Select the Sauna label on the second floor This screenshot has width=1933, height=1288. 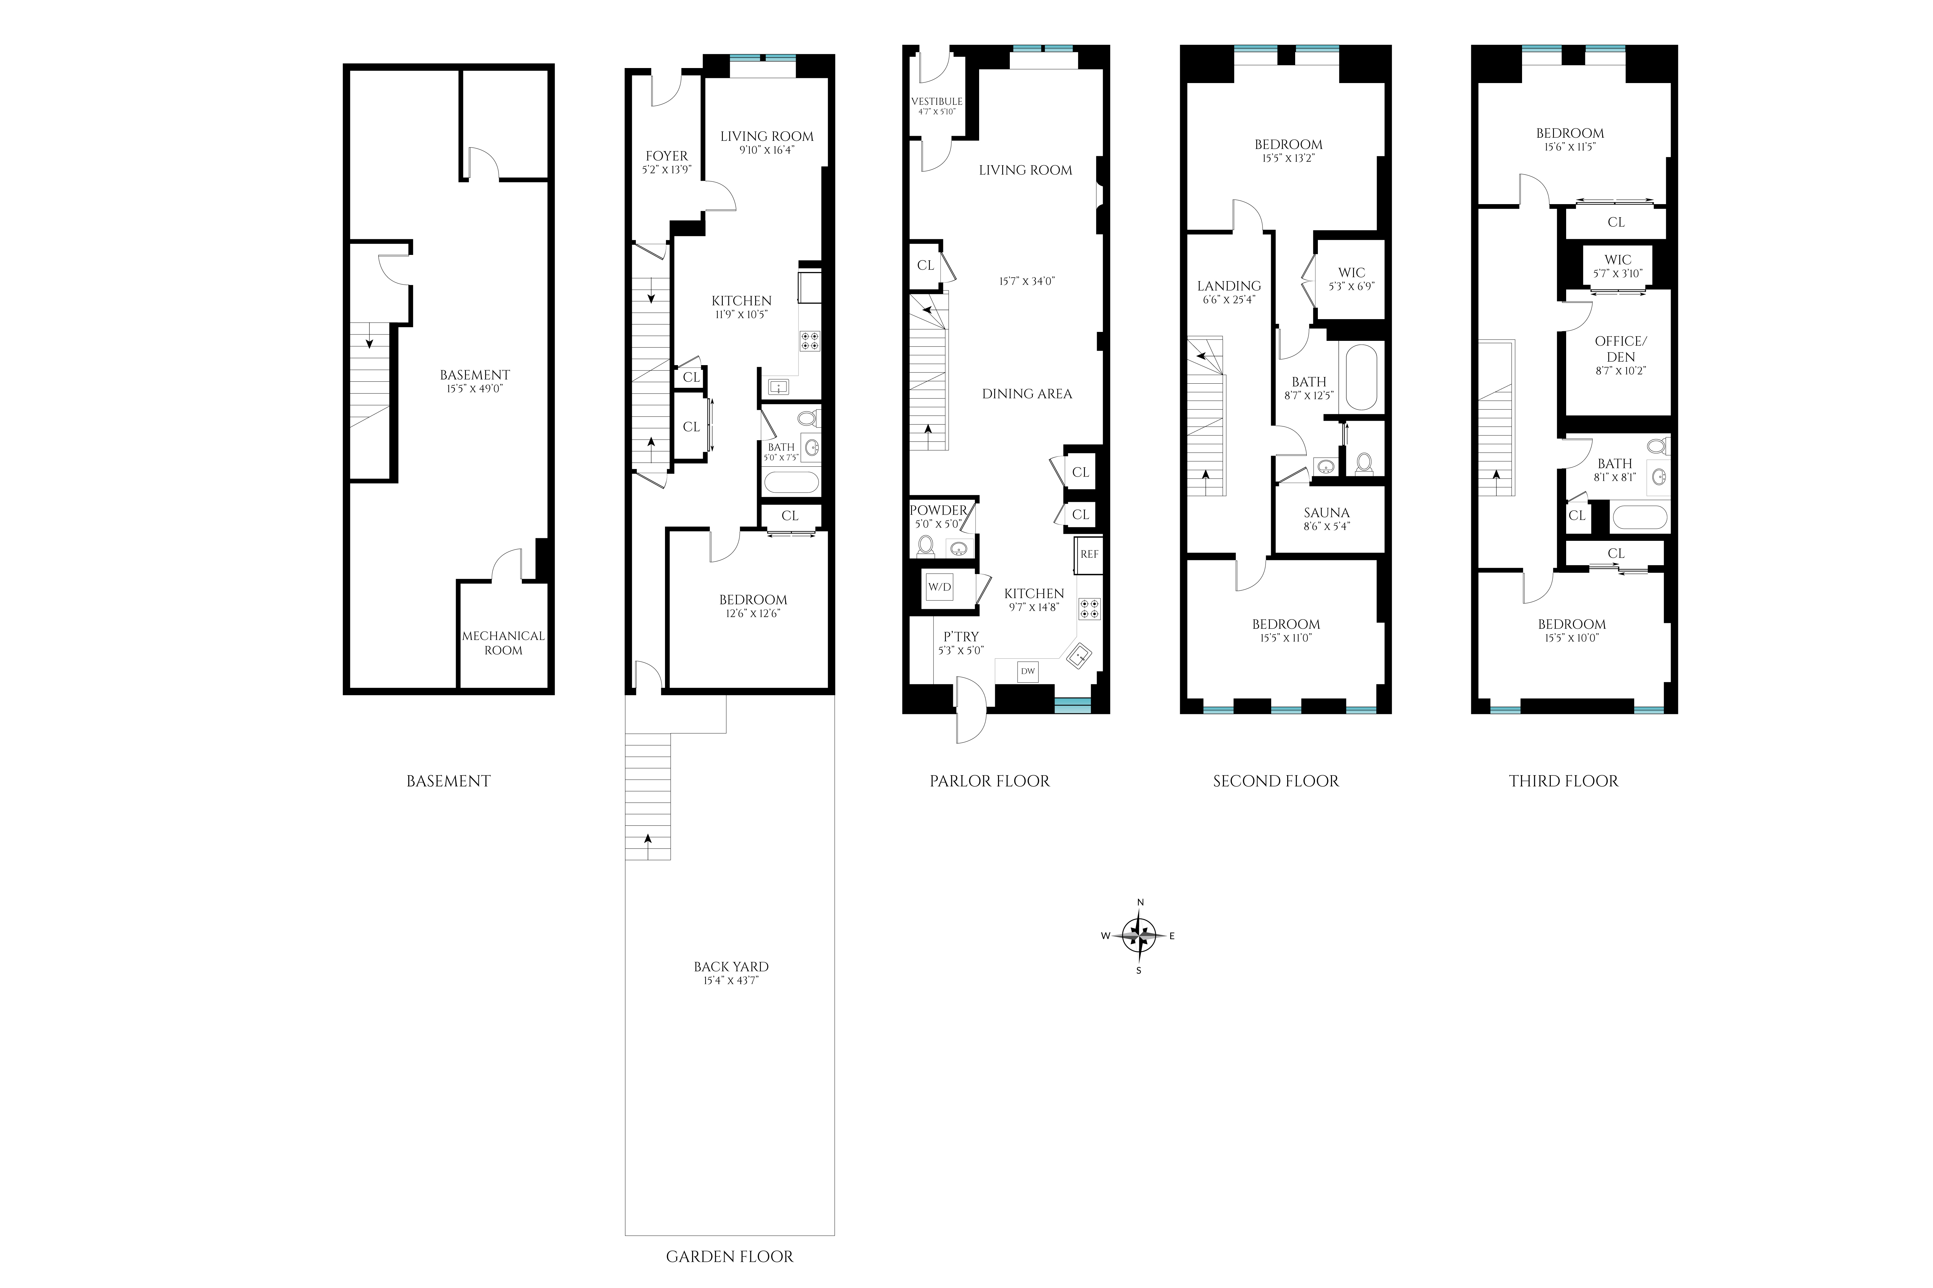click(x=1326, y=513)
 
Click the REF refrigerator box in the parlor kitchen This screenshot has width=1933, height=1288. click(x=1088, y=555)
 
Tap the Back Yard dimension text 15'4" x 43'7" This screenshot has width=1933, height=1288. click(x=730, y=980)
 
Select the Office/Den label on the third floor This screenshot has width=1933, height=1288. click(x=1620, y=348)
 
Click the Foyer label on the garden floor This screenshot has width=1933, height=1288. click(x=666, y=156)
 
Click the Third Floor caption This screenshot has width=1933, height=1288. click(x=1563, y=781)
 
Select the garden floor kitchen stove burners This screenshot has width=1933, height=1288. click(x=810, y=341)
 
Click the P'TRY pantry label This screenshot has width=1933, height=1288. click(x=960, y=636)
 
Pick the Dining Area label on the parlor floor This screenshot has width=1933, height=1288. click(x=1027, y=394)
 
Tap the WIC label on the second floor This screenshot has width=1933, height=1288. click(x=1351, y=273)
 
